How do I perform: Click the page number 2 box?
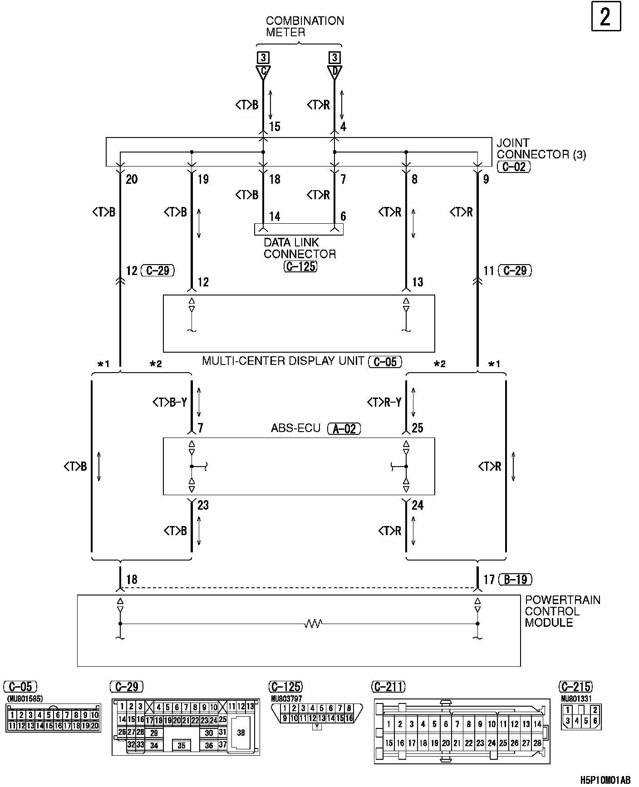tap(606, 17)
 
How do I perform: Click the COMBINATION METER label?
tap(305, 27)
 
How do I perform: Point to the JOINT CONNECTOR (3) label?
tap(541, 149)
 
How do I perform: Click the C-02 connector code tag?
tap(514, 167)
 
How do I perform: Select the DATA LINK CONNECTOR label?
tap(300, 248)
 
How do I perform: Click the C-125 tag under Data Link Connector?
tap(300, 266)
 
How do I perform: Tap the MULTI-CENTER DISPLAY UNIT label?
tap(283, 361)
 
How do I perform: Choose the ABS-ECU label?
tap(295, 428)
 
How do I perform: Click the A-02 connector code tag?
tap(344, 428)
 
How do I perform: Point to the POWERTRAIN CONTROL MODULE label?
tap(562, 611)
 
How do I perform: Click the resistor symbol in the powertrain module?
tap(313, 624)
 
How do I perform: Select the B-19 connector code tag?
tap(515, 580)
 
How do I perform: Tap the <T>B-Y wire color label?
tap(170, 402)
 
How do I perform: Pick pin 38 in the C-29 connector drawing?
tap(241, 733)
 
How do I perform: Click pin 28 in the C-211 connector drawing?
tap(537, 743)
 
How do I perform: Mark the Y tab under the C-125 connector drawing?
tap(318, 726)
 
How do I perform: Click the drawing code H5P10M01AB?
tap(605, 780)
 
